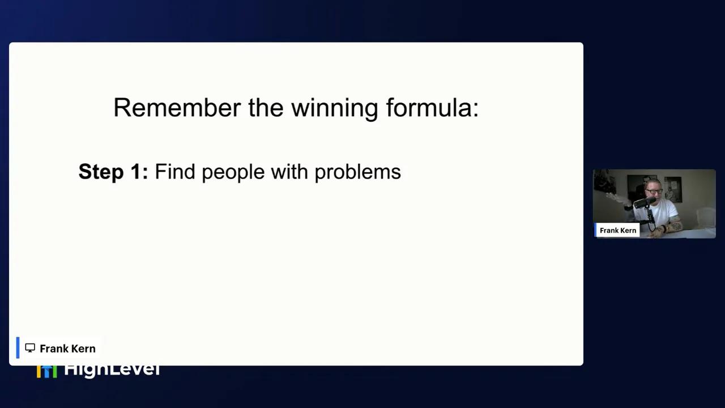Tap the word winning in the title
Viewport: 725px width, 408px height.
coord(334,108)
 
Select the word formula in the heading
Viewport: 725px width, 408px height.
coord(432,108)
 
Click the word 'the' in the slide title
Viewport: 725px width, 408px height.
coord(265,108)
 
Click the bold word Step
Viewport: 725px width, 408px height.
coord(100,172)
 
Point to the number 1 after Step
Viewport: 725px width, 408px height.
coord(137,172)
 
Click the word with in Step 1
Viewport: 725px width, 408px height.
coord(289,172)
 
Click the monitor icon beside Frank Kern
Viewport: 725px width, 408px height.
coord(30,348)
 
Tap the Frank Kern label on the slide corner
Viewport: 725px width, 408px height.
coord(67,348)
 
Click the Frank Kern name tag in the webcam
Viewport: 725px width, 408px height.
coord(617,230)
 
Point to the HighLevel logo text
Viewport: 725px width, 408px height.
coord(112,370)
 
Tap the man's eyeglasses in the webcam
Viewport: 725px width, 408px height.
coord(654,192)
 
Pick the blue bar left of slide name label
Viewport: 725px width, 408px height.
coord(18,348)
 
